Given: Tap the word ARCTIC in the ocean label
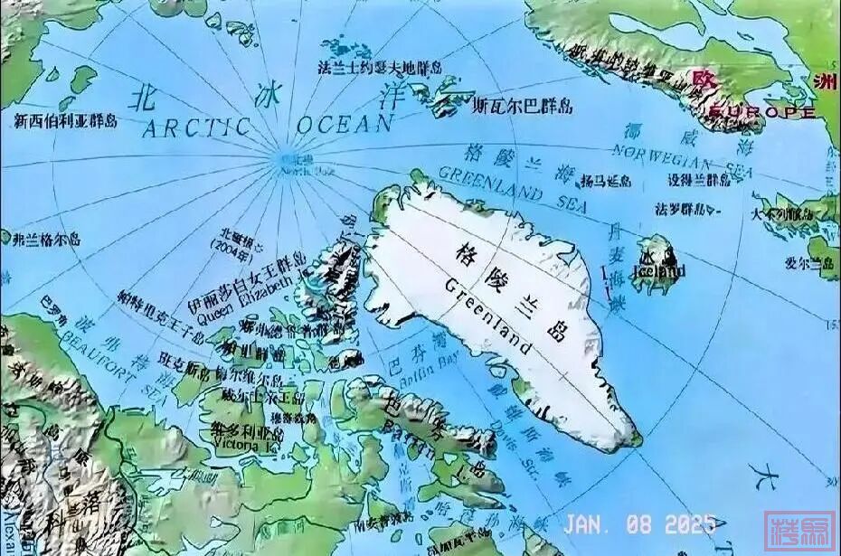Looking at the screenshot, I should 195,127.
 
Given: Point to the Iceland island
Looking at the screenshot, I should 658,264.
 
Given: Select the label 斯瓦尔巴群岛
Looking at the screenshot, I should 523,107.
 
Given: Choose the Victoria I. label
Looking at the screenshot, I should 236,445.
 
